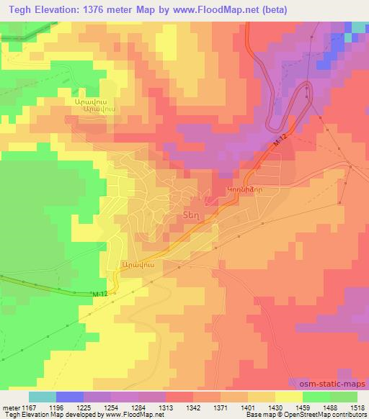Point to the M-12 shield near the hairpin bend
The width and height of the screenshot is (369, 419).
(x=280, y=145)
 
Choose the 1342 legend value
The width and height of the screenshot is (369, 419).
(x=192, y=407)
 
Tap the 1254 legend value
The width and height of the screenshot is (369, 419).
(x=111, y=407)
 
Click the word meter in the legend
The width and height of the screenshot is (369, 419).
(x=10, y=407)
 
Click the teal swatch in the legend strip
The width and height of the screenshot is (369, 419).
(x=43, y=397)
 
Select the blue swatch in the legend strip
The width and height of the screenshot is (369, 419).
(x=70, y=397)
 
